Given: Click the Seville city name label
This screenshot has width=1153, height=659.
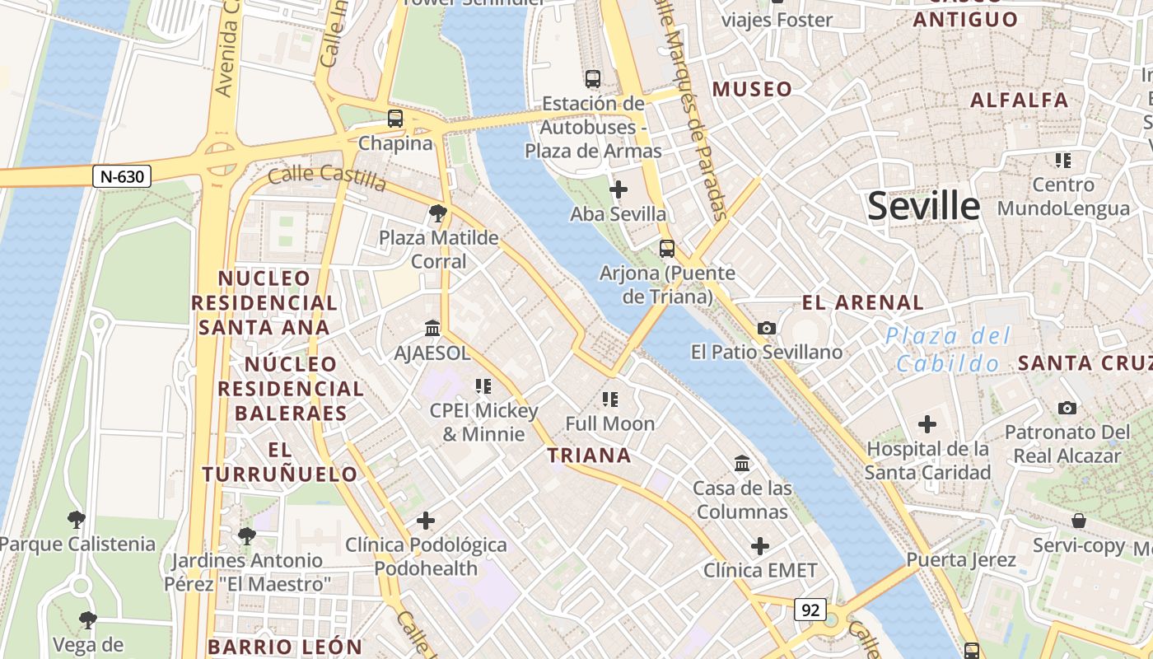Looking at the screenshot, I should [923, 206].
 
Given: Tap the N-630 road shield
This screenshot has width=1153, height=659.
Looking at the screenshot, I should [121, 176].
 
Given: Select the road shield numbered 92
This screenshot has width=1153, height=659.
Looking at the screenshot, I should [810, 610].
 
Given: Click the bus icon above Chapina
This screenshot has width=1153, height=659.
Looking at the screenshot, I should [395, 119].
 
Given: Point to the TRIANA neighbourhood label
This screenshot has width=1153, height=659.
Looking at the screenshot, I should [589, 456].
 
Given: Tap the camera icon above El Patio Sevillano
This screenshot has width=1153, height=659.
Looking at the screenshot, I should [766, 329].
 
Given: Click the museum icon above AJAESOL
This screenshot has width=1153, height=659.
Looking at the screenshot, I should [432, 329].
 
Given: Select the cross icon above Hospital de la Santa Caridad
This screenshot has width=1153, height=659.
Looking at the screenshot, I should [927, 425].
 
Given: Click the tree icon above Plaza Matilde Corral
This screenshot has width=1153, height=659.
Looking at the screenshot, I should [438, 214].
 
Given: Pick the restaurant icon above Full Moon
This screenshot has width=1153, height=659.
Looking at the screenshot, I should [610, 400].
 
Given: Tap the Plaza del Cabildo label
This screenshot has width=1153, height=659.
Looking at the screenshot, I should [947, 349].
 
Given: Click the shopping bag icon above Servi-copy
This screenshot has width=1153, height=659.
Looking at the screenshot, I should [1078, 521].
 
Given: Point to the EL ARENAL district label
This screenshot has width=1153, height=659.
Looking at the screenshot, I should [862, 302].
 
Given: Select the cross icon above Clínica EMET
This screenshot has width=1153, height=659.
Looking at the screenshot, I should [759, 546].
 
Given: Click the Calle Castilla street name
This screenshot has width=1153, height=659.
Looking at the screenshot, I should [327, 176].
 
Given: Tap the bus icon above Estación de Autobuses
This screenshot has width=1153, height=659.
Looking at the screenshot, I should [593, 80].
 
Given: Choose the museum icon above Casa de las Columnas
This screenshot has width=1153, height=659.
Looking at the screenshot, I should [741, 464].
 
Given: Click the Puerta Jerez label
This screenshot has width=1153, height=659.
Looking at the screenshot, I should [960, 560].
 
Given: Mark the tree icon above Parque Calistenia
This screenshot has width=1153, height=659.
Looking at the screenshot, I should [77, 520].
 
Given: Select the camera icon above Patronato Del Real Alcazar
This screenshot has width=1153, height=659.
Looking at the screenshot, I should [1067, 409].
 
